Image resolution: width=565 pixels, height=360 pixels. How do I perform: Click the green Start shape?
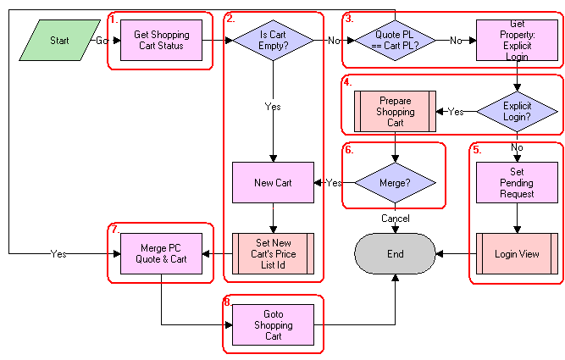(58, 41)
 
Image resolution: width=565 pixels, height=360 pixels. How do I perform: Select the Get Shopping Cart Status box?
(161, 41)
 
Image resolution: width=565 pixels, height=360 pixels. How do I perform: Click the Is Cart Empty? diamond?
(273, 41)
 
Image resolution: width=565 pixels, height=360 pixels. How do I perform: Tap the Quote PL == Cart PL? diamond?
(395, 41)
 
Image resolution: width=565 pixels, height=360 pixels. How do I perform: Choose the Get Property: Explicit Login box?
(518, 41)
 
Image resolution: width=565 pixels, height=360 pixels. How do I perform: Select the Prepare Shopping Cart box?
(396, 111)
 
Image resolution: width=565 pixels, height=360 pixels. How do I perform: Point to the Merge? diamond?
(395, 183)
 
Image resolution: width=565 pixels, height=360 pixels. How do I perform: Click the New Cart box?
(273, 183)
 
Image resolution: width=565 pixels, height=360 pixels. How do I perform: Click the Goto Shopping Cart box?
(273, 324)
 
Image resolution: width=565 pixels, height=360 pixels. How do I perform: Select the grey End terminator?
(395, 253)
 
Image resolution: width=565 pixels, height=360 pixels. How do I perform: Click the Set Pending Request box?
(518, 182)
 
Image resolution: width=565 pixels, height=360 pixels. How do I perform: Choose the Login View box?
(518, 253)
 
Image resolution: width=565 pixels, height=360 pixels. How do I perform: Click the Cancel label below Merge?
(395, 219)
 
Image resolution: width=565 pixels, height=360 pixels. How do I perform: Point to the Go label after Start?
(101, 41)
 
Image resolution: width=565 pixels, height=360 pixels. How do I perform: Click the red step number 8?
(227, 302)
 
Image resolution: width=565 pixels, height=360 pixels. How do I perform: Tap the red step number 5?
(476, 149)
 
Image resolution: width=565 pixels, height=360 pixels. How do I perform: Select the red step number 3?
(348, 19)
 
